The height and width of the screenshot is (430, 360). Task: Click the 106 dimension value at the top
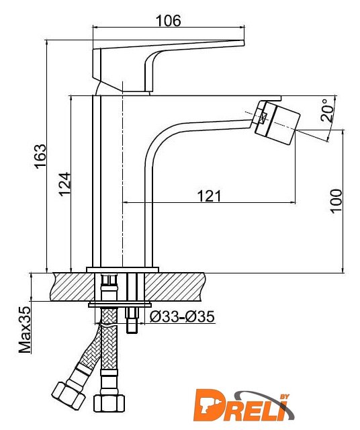169,21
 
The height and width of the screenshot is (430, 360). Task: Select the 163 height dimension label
40,156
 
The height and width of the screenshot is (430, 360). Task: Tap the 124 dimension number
65,183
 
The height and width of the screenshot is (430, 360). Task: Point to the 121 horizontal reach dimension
209,196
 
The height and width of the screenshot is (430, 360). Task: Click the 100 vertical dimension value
336,201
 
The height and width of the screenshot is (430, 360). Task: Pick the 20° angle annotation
328,110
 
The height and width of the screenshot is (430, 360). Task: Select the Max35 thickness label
25,330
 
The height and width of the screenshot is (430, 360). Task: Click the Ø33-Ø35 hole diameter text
182,316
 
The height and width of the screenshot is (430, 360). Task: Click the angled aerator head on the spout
276,122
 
